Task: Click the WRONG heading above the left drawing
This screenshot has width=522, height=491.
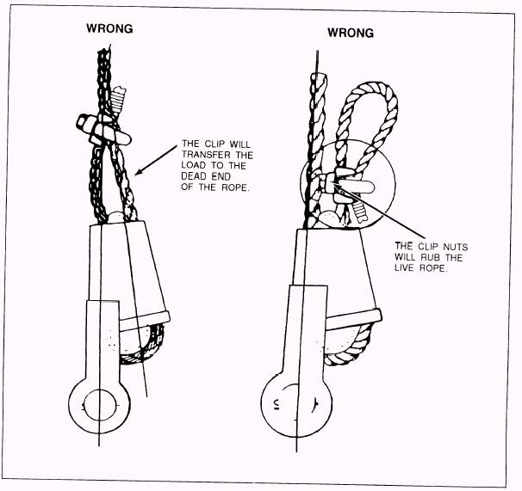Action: [x=109, y=28]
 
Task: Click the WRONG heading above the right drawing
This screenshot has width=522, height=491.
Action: [x=351, y=33]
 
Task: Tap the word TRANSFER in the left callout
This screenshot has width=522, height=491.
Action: [x=206, y=155]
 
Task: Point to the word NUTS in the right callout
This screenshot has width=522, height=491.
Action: [x=455, y=247]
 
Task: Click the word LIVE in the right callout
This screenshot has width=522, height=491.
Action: [x=405, y=268]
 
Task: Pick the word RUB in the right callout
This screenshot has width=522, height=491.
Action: [x=432, y=258]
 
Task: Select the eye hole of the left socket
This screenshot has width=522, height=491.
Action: [x=101, y=404]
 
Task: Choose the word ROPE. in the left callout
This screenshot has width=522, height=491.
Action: [x=236, y=187]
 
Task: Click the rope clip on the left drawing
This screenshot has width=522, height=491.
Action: [x=103, y=130]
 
